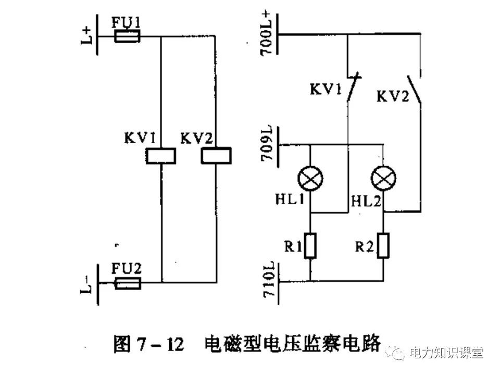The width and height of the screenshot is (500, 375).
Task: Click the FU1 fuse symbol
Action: (x=126, y=36)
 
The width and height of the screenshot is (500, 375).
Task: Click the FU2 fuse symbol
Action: (x=127, y=283)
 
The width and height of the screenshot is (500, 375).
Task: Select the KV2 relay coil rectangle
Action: (x=216, y=155)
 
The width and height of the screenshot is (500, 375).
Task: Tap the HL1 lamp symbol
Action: (x=310, y=180)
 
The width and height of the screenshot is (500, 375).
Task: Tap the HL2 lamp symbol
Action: (x=383, y=180)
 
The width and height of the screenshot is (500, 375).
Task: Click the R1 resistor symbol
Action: (x=310, y=246)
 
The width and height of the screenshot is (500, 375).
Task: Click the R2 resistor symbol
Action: (x=383, y=246)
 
